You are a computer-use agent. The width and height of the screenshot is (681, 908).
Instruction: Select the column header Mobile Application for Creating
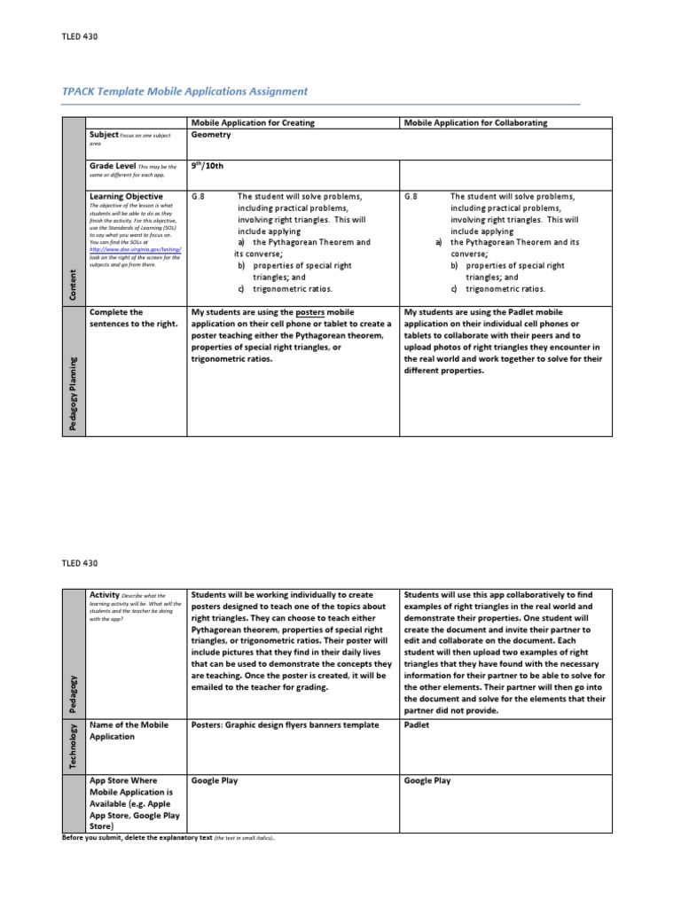point(253,122)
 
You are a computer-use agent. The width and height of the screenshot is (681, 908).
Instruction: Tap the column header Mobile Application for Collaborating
point(475,122)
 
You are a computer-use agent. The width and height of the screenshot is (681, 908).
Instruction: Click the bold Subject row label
point(104,134)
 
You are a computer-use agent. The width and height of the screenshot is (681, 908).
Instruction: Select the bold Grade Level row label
point(113,165)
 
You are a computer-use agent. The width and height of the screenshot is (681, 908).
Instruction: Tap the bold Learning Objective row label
point(126,195)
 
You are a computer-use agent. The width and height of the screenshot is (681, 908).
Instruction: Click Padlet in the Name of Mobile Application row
point(418,724)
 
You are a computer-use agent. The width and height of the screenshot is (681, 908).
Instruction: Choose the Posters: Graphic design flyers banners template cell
point(272,724)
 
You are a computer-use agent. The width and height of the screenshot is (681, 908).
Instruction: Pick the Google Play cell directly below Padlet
point(427,780)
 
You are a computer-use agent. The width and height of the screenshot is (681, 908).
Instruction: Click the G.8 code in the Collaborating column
point(411,196)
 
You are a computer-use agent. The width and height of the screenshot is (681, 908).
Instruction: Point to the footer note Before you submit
point(168,838)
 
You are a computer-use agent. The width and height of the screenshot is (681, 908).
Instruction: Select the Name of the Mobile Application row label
point(129,730)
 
